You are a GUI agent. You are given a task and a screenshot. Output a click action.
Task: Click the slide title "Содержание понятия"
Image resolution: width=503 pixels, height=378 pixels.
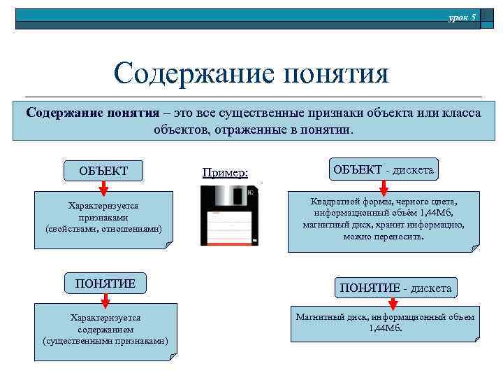pyautogui.click(x=251, y=73)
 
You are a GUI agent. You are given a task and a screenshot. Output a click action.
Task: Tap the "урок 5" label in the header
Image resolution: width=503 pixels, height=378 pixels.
pyautogui.click(x=462, y=16)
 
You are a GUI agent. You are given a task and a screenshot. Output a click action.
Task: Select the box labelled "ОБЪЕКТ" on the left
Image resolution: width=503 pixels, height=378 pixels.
pyautogui.click(x=104, y=171)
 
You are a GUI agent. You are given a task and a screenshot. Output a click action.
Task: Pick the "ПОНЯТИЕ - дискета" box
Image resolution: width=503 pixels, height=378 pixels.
pyautogui.click(x=395, y=287)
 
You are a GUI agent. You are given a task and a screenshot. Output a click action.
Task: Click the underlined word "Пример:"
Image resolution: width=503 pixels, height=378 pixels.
pyautogui.click(x=224, y=171)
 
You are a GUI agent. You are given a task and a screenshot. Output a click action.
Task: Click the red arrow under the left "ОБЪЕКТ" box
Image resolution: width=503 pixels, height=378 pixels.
pyautogui.click(x=103, y=187)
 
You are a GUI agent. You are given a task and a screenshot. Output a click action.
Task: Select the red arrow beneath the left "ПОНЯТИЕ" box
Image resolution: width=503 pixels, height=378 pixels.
pyautogui.click(x=105, y=300)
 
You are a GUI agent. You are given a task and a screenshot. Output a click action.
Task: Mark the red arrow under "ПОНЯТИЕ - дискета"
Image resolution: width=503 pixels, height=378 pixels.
pyautogui.click(x=393, y=303)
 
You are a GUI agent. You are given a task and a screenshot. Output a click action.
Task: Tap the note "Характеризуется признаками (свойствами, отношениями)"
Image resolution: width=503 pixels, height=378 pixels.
pyautogui.click(x=103, y=218)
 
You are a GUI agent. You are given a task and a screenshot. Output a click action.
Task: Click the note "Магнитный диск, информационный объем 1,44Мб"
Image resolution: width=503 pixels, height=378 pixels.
pyautogui.click(x=384, y=323)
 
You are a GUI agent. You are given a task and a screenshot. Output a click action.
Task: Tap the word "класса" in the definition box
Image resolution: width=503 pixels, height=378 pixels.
pyautogui.click(x=458, y=113)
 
